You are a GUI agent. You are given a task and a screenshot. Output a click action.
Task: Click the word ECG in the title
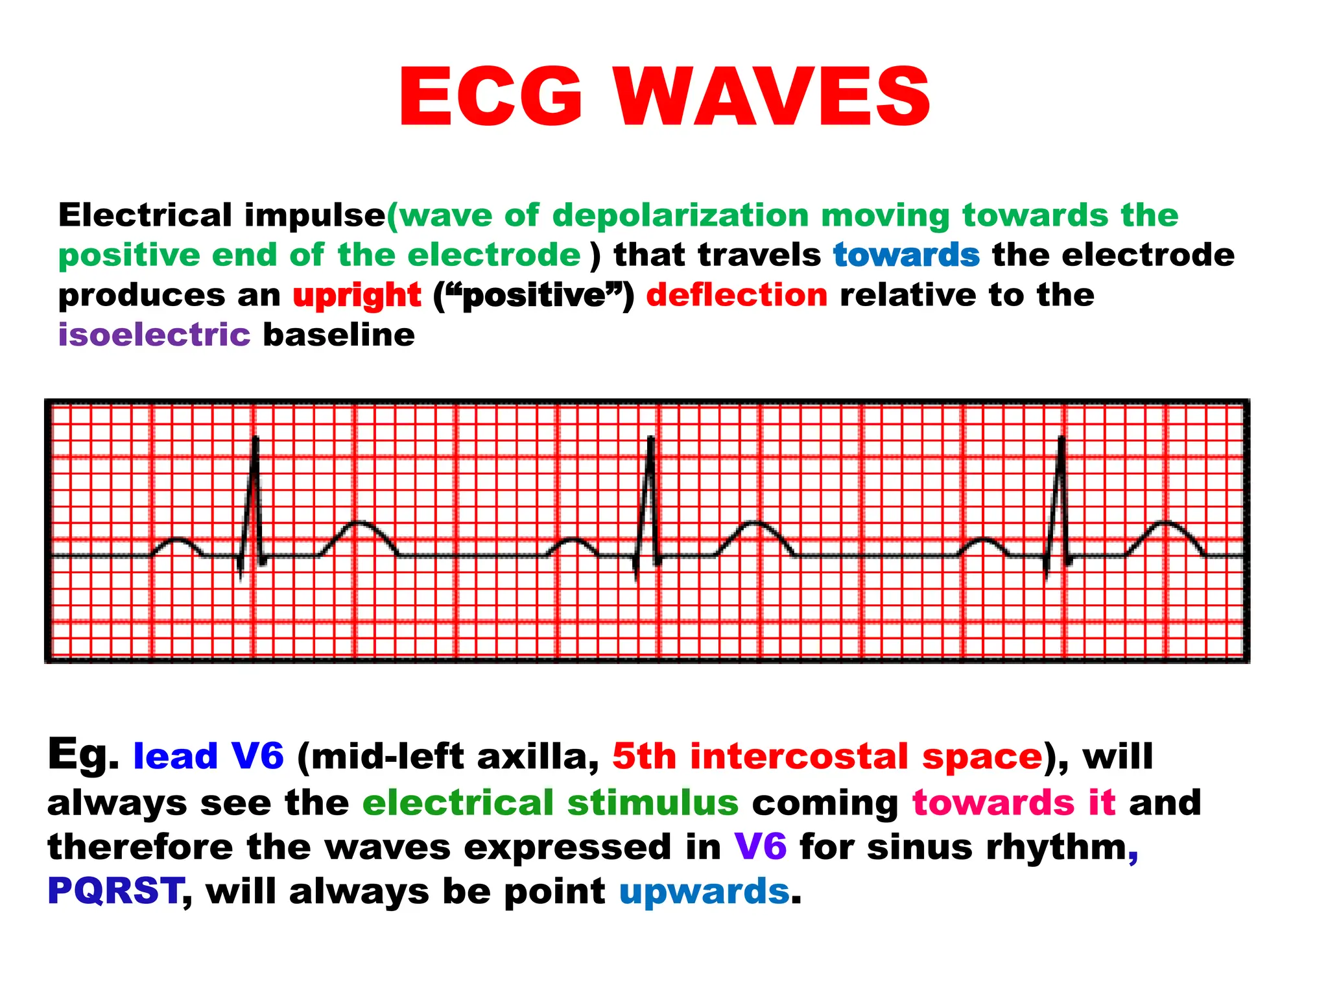[x=491, y=97]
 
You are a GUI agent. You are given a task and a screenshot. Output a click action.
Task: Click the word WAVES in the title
[x=772, y=97]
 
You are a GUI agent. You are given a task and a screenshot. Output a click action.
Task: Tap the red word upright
[x=357, y=296]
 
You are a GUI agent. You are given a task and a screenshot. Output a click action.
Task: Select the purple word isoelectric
[x=154, y=335]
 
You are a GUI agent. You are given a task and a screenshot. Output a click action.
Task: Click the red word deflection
[x=737, y=296]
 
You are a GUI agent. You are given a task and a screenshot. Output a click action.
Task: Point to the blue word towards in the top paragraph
[x=906, y=255]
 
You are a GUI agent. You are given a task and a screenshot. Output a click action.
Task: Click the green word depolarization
[x=680, y=215]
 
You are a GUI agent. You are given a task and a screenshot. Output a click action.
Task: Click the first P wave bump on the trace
[x=176, y=540]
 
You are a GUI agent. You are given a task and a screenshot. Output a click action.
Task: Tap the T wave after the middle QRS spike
[x=755, y=523]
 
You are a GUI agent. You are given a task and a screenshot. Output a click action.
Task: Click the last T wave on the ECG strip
[x=1166, y=523]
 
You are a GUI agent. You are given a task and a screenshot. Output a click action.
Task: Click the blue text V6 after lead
[x=257, y=757]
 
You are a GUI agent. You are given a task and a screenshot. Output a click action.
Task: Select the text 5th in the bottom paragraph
[x=644, y=757]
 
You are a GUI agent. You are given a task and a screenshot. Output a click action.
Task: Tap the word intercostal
[x=798, y=757]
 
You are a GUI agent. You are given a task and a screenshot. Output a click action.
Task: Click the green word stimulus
[x=652, y=803]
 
